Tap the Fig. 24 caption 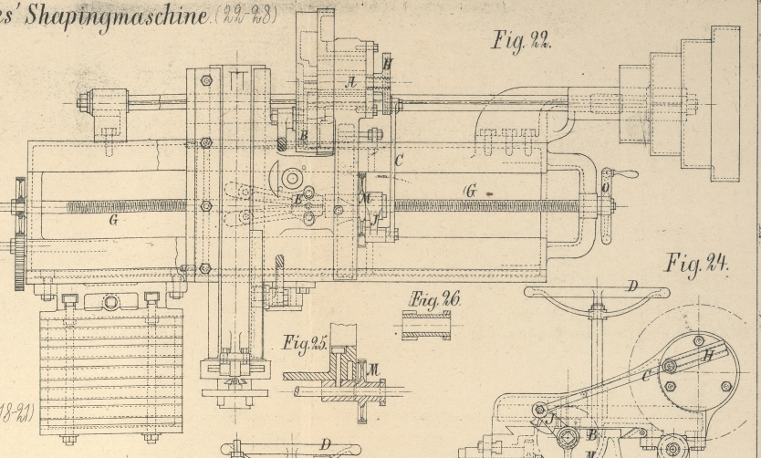[x=697, y=265]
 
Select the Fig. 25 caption [x=306, y=344]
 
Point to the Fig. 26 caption [x=435, y=298]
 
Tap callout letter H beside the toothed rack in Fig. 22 [x=387, y=65]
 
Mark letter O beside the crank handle [x=606, y=189]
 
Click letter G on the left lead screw [x=113, y=219]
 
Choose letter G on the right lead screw [x=470, y=191]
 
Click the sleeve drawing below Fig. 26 [x=426, y=326]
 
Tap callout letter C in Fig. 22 [x=398, y=158]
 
